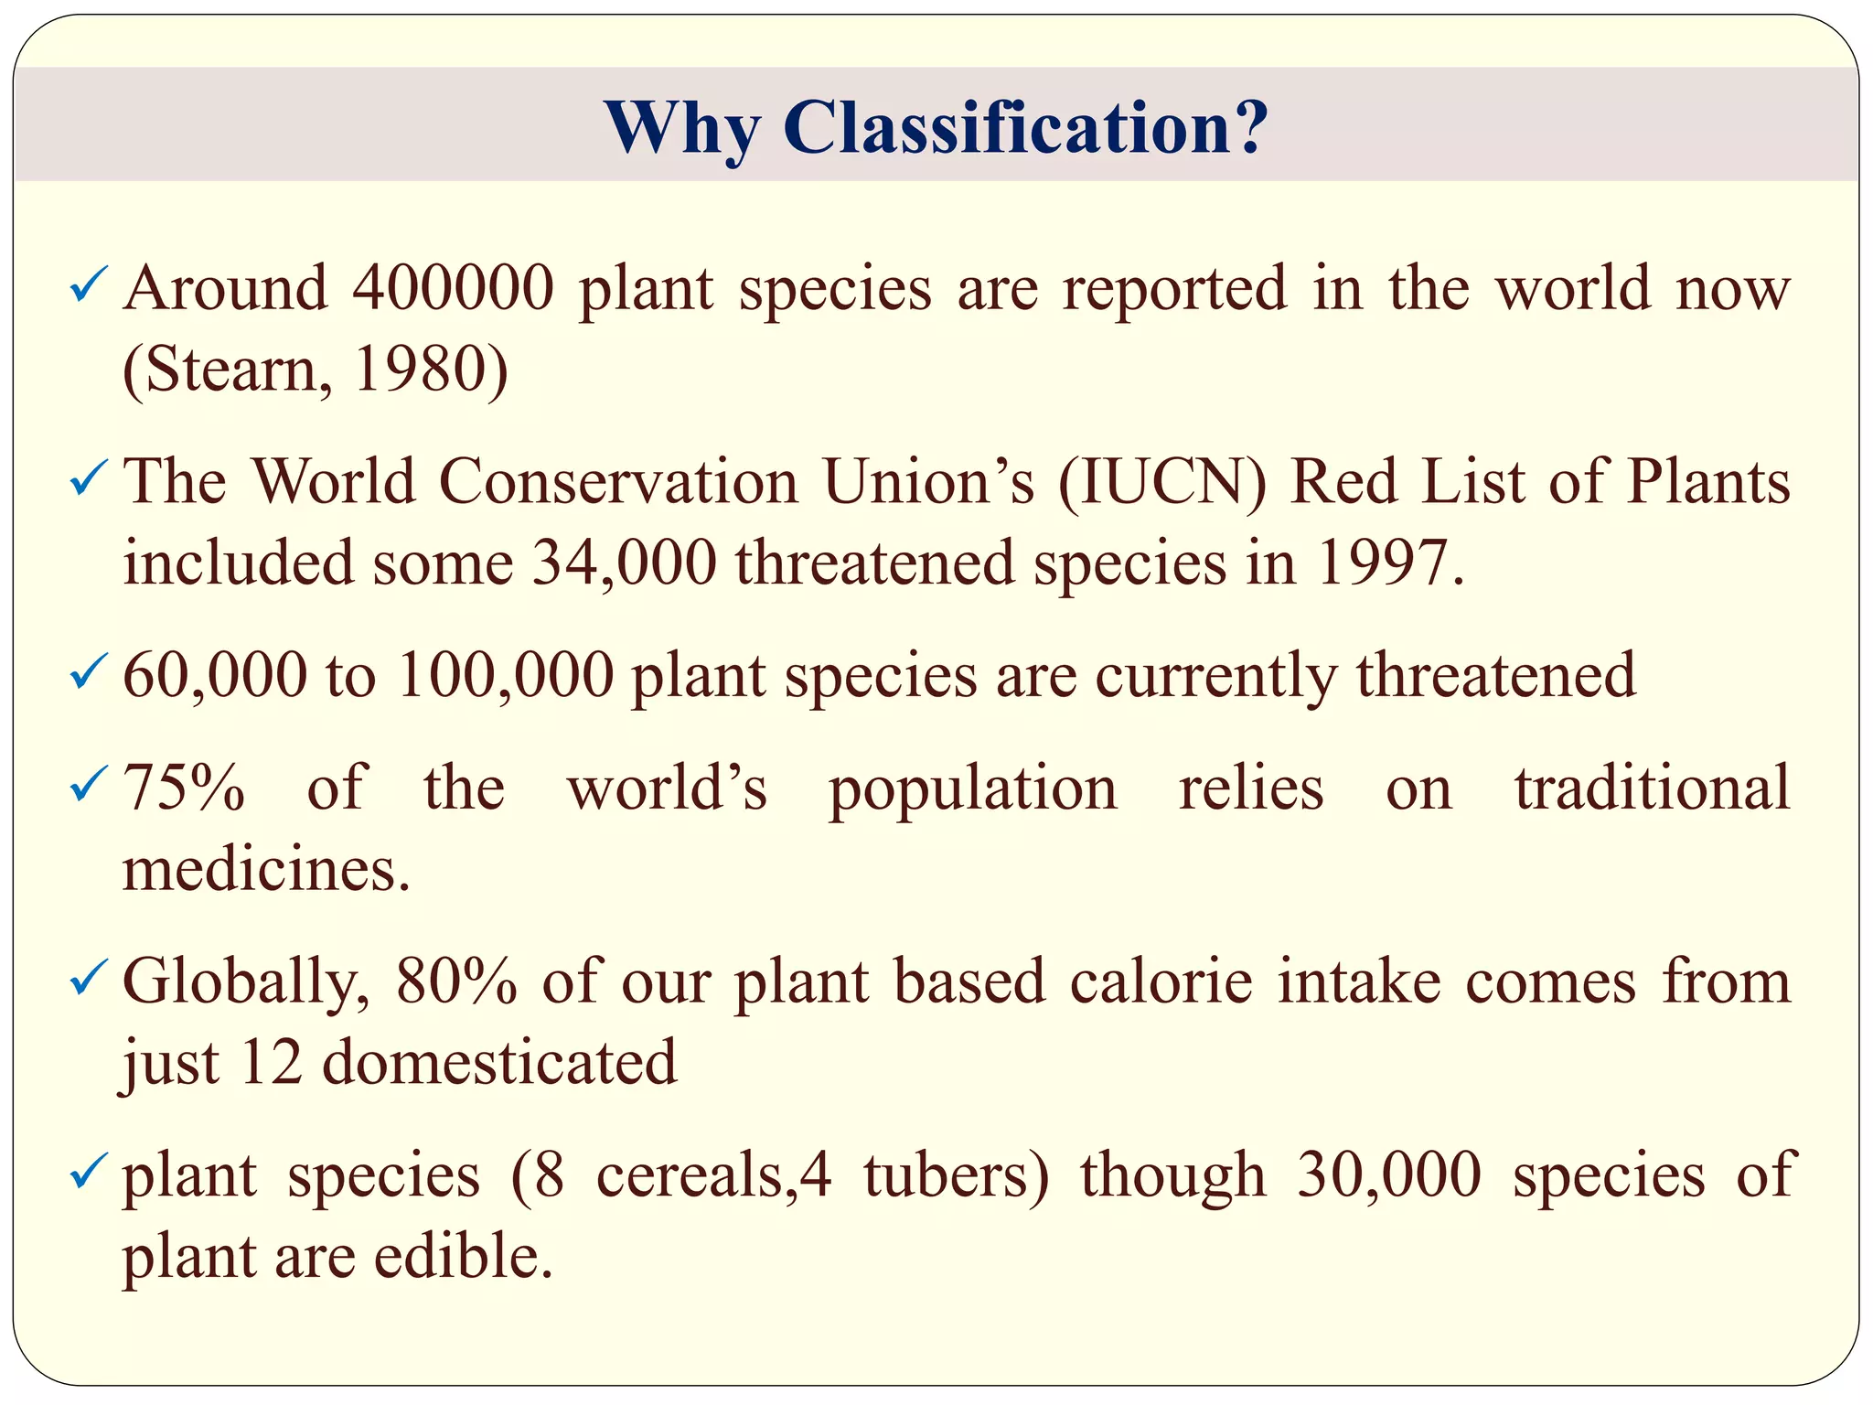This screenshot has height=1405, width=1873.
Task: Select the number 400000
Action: [x=454, y=288]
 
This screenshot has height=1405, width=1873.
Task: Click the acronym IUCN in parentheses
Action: [x=1162, y=482]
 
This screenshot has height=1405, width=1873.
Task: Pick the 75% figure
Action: [x=184, y=788]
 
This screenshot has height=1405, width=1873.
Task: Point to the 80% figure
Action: [x=456, y=981]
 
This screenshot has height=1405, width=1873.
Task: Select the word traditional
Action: [x=1652, y=788]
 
